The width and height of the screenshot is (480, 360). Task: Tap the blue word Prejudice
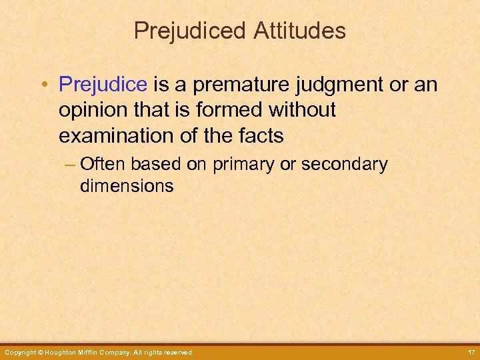click(103, 85)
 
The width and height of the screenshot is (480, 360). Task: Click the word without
click(301, 110)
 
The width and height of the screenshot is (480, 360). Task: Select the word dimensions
click(126, 185)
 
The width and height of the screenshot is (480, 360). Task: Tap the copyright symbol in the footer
click(41, 352)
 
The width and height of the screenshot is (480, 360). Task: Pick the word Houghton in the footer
click(65, 352)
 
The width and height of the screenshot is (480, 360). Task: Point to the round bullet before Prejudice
click(43, 85)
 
